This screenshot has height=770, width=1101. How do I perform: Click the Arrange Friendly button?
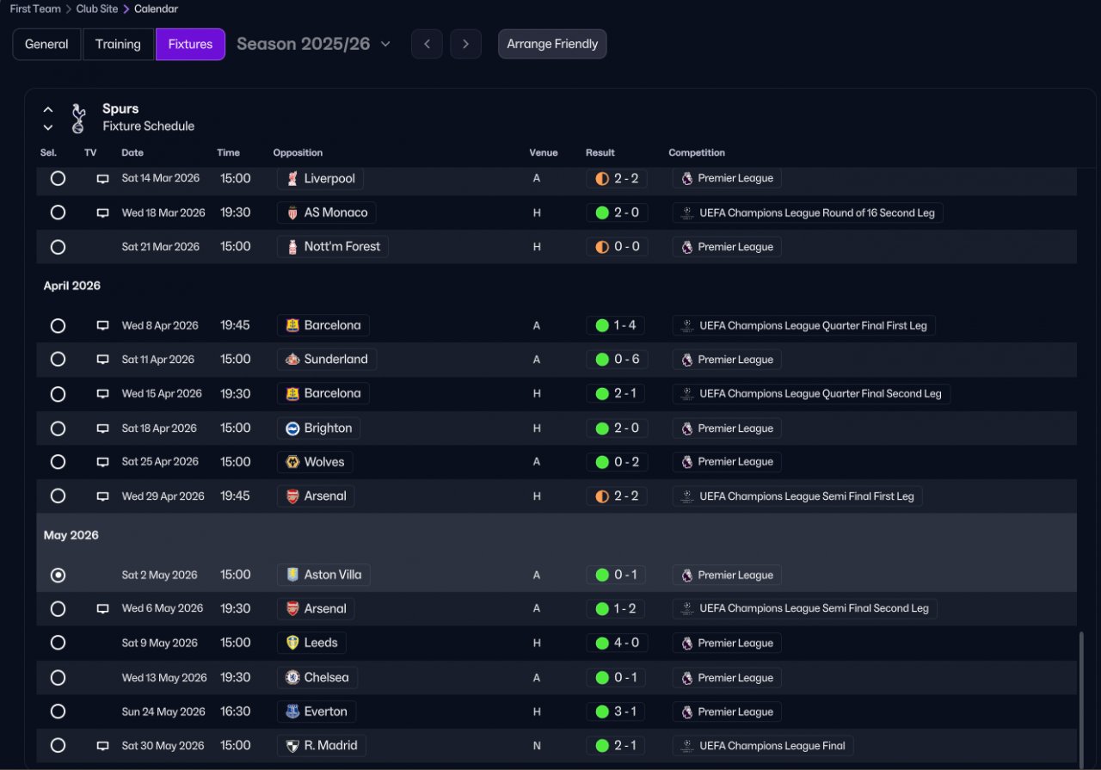[552, 44]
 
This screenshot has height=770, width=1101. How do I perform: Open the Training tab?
[118, 44]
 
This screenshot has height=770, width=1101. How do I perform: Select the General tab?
[46, 44]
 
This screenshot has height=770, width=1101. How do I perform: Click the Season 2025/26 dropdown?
[314, 44]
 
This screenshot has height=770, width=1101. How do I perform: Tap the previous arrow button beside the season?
[427, 44]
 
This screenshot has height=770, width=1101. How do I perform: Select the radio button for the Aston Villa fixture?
[58, 575]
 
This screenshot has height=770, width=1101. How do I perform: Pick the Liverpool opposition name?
[329, 178]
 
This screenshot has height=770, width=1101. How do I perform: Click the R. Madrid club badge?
[292, 746]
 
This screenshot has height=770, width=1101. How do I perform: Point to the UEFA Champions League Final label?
[772, 746]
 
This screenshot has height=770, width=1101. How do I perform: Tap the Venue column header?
[543, 152]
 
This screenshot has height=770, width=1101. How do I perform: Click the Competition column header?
[697, 152]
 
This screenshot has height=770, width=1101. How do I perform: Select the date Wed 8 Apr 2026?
[160, 325]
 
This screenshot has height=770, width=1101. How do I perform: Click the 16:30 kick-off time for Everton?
[236, 711]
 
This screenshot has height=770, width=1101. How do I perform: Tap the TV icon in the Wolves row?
[102, 462]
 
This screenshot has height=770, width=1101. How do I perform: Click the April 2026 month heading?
[71, 286]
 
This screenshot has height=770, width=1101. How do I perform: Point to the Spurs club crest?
[78, 118]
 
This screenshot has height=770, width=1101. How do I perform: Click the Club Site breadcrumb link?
[97, 9]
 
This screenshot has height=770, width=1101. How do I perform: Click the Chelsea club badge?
[292, 678]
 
